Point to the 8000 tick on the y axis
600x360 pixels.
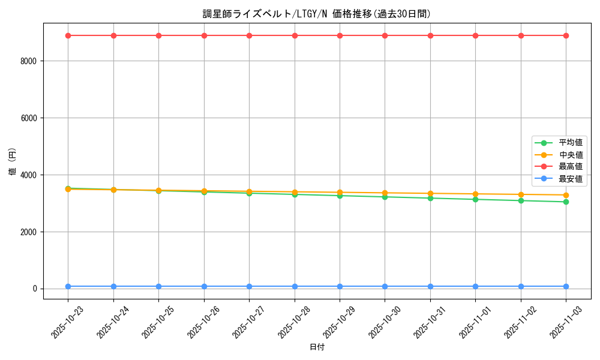coord(29,61)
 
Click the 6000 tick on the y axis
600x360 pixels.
coord(29,118)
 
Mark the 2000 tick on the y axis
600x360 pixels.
coord(29,232)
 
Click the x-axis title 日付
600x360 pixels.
coord(316,347)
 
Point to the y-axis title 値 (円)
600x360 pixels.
coord(12,161)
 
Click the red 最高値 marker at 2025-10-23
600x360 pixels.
coord(68,35)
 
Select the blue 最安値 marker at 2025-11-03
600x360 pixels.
coord(566,286)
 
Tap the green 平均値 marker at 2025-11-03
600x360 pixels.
coord(566,202)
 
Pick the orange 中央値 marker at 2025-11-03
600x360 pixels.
coord(566,195)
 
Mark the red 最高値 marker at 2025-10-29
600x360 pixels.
coord(340,35)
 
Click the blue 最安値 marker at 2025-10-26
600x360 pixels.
coord(204,286)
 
